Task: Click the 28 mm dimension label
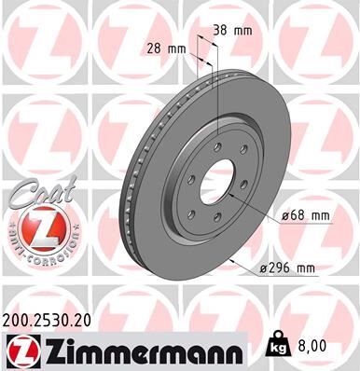click(x=163, y=48)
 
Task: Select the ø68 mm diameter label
click(x=307, y=216)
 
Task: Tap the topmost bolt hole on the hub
click(x=215, y=144)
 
